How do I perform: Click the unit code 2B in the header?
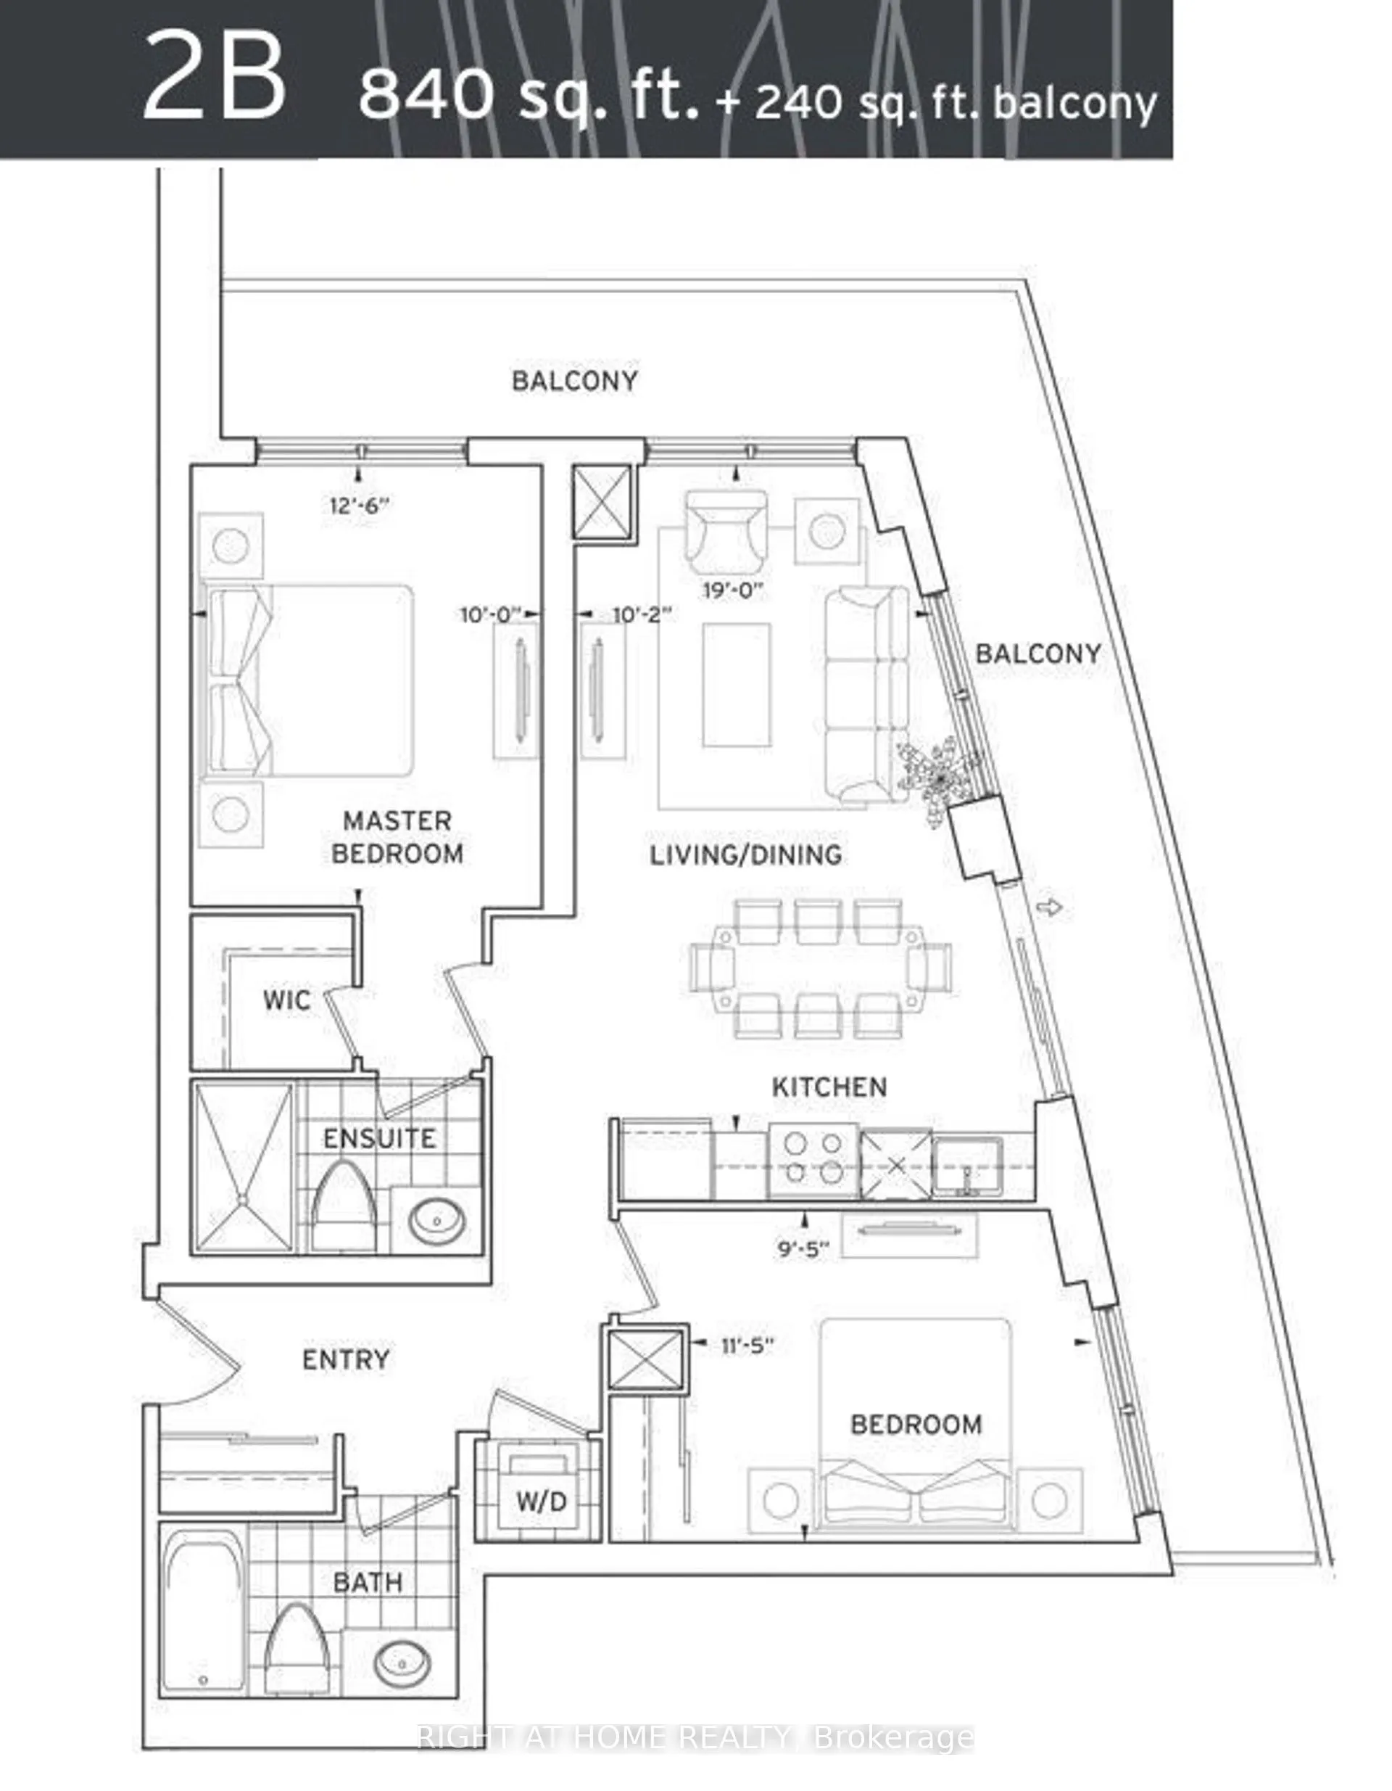coord(215,81)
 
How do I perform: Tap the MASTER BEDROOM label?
coord(397,837)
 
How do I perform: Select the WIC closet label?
coord(286,1000)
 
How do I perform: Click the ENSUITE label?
coord(378,1138)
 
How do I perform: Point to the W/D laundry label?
coord(541,1502)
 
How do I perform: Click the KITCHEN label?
coord(829,1087)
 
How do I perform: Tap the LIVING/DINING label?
coord(745,855)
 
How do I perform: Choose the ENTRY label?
coord(345,1359)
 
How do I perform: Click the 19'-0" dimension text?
coord(733,590)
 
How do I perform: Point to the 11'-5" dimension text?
coord(747,1346)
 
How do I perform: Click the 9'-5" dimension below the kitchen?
coord(803,1251)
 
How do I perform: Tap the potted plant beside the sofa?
coord(940,774)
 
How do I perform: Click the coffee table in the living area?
coord(736,685)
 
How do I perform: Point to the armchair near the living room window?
coord(726,532)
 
